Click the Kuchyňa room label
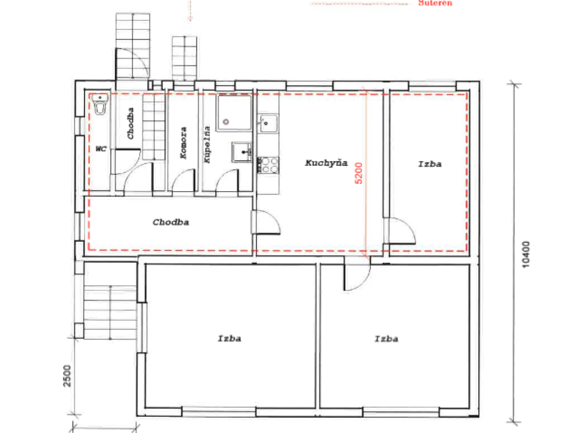pyautogui.click(x=326, y=163)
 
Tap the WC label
pyautogui.click(x=101, y=149)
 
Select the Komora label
pyautogui.click(x=183, y=143)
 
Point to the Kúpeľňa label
pyautogui.click(x=207, y=144)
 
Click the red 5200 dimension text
pyautogui.click(x=358, y=173)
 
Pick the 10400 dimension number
pyautogui.click(x=526, y=254)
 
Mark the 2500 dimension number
pyautogui.click(x=67, y=375)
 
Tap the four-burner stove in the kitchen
pyautogui.click(x=268, y=165)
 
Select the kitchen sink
pyautogui.click(x=268, y=122)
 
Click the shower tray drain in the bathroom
pyautogui.click(x=226, y=122)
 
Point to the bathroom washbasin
pyautogui.click(x=242, y=152)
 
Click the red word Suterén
pyautogui.click(x=436, y=3)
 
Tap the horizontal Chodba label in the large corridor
pyautogui.click(x=171, y=222)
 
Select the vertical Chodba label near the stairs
pyautogui.click(x=130, y=123)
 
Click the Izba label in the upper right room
pyautogui.click(x=430, y=164)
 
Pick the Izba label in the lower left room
pyautogui.click(x=230, y=338)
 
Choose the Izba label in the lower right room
pyautogui.click(x=387, y=339)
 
